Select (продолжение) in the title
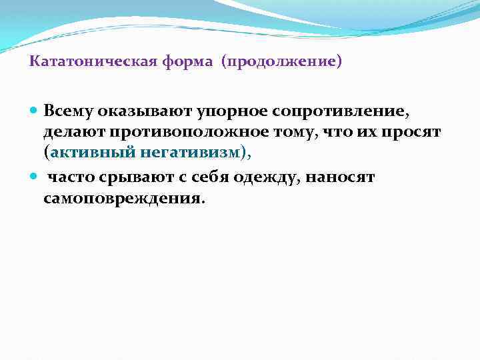(x=283, y=63)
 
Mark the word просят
(x=418, y=132)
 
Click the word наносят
(x=342, y=178)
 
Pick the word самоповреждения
(x=121, y=199)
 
